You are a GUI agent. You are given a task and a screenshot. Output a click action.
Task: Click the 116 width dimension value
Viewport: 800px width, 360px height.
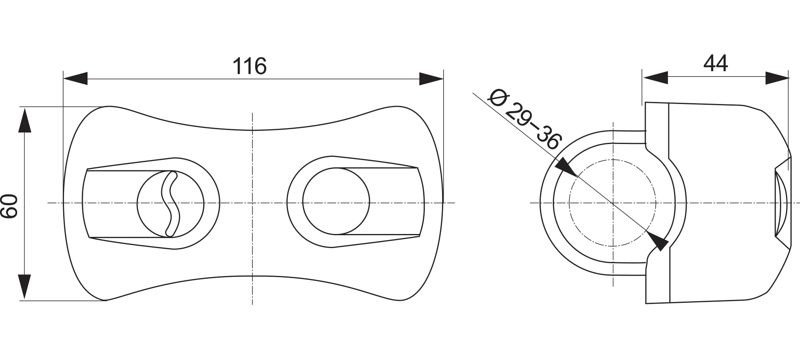(250, 66)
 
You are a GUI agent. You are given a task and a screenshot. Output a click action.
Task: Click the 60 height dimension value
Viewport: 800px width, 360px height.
(10, 206)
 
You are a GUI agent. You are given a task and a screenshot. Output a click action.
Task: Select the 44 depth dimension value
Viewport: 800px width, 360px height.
(716, 64)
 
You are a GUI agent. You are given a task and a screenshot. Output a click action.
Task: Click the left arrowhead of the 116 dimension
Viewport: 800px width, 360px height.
(76, 79)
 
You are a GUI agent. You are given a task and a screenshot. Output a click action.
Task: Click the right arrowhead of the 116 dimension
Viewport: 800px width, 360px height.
(431, 79)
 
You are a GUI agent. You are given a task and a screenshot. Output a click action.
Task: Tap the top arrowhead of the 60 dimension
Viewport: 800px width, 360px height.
(25, 120)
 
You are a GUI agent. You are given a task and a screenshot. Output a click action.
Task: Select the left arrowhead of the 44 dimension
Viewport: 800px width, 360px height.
(655, 78)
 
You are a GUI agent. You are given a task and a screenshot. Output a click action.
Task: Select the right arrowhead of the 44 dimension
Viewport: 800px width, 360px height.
(777, 78)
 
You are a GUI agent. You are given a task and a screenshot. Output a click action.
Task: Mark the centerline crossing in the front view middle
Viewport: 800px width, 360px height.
(252, 203)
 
